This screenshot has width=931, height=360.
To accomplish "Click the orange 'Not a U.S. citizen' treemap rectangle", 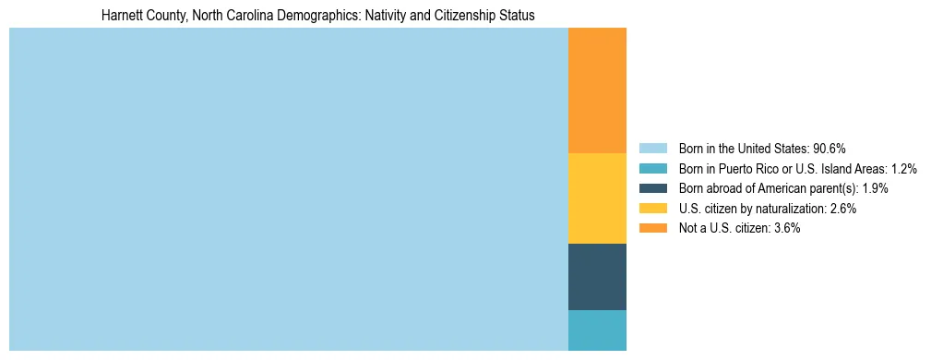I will [597, 90].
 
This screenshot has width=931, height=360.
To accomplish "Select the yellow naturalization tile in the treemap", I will [597, 198].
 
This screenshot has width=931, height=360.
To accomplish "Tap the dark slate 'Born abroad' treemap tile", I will [597, 277].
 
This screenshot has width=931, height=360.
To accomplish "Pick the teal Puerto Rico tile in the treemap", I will [597, 330].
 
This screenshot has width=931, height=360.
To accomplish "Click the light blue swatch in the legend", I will [652, 149].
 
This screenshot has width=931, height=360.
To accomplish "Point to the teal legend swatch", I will [652, 169].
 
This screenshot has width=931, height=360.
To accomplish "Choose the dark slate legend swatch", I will [652, 188].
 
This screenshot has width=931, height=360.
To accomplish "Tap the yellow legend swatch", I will [652, 209].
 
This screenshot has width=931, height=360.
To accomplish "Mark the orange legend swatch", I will [652, 228].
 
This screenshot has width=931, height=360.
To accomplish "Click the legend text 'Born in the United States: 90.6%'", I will [762, 149].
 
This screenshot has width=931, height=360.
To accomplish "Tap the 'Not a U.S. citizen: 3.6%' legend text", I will [739, 228].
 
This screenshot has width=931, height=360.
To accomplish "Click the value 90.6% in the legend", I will [830, 149].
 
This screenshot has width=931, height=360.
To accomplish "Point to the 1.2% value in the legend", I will [903, 169].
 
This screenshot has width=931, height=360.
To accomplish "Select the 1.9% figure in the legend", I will [874, 188].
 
